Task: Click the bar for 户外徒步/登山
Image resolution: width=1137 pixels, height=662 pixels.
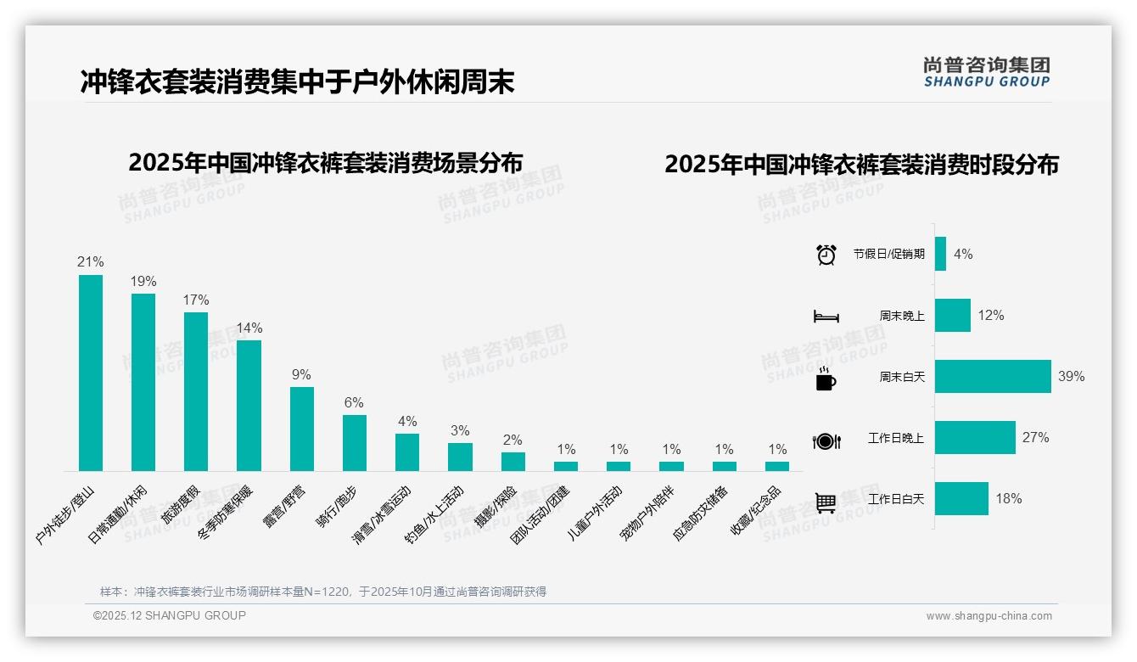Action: pos(91,373)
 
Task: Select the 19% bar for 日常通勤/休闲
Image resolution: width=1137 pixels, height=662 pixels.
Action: pos(143,382)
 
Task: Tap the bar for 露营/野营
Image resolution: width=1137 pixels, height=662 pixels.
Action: pos(302,429)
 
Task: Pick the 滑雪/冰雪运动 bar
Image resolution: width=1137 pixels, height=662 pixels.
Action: pos(407,452)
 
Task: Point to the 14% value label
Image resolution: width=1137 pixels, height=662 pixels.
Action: pos(249,328)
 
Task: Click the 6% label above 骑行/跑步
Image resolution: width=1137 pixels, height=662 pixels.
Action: pos(354,402)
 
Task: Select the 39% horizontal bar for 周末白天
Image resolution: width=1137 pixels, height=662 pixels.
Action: pos(993,376)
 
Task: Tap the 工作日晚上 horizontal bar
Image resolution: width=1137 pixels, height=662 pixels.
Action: pos(975,438)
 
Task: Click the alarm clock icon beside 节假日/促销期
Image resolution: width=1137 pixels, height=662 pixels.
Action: pos(826,255)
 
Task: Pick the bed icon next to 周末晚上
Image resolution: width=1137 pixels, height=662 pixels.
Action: pos(826,317)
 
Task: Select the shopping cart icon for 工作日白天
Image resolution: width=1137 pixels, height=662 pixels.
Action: pos(826,502)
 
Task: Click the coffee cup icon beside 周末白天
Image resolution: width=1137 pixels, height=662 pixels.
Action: pos(826,379)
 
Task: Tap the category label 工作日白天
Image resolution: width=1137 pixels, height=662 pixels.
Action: pos(896,499)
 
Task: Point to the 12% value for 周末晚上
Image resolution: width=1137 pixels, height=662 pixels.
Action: pos(990,316)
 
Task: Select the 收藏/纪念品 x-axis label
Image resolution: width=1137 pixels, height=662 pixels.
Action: pos(756,510)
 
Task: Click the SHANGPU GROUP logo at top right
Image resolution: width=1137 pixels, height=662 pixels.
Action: pos(987,72)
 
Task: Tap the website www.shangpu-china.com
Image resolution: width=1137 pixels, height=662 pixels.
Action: pos(989,616)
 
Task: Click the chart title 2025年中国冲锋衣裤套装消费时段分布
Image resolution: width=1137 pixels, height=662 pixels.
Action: pos(861,165)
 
